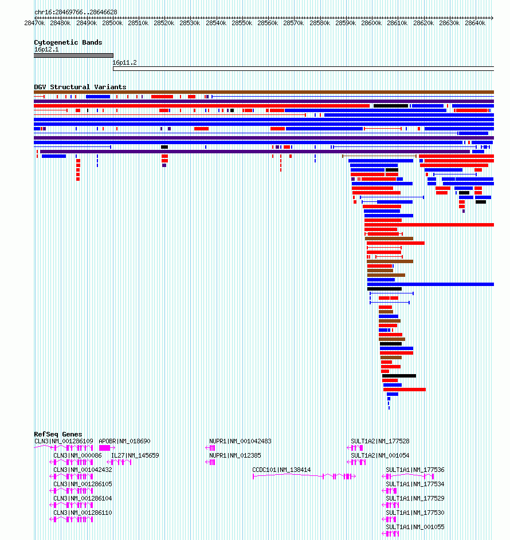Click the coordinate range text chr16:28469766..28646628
pyautogui.click(x=76, y=12)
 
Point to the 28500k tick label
pyautogui.click(x=112, y=23)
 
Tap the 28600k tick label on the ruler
pyautogui.click(x=371, y=23)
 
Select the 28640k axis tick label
pyautogui.click(x=475, y=23)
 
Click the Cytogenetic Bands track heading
pyautogui.click(x=68, y=42)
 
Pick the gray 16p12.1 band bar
pyautogui.click(x=73, y=55)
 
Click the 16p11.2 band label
pyautogui.click(x=124, y=63)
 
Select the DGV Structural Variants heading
pyautogui.click(x=80, y=87)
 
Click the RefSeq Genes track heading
pyautogui.click(x=58, y=434)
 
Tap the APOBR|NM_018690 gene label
pyautogui.click(x=124, y=441)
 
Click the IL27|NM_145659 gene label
pyautogui.click(x=135, y=455)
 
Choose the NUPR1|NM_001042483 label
pyautogui.click(x=240, y=441)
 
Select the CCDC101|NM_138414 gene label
pyautogui.click(x=281, y=470)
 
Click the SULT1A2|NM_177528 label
pyautogui.click(x=380, y=441)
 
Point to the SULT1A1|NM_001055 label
pyautogui.click(x=415, y=527)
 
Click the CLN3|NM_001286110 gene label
pyautogui.click(x=83, y=513)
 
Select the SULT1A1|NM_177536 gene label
pyautogui.click(x=415, y=470)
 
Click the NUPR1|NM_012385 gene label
pyautogui.click(x=235, y=455)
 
